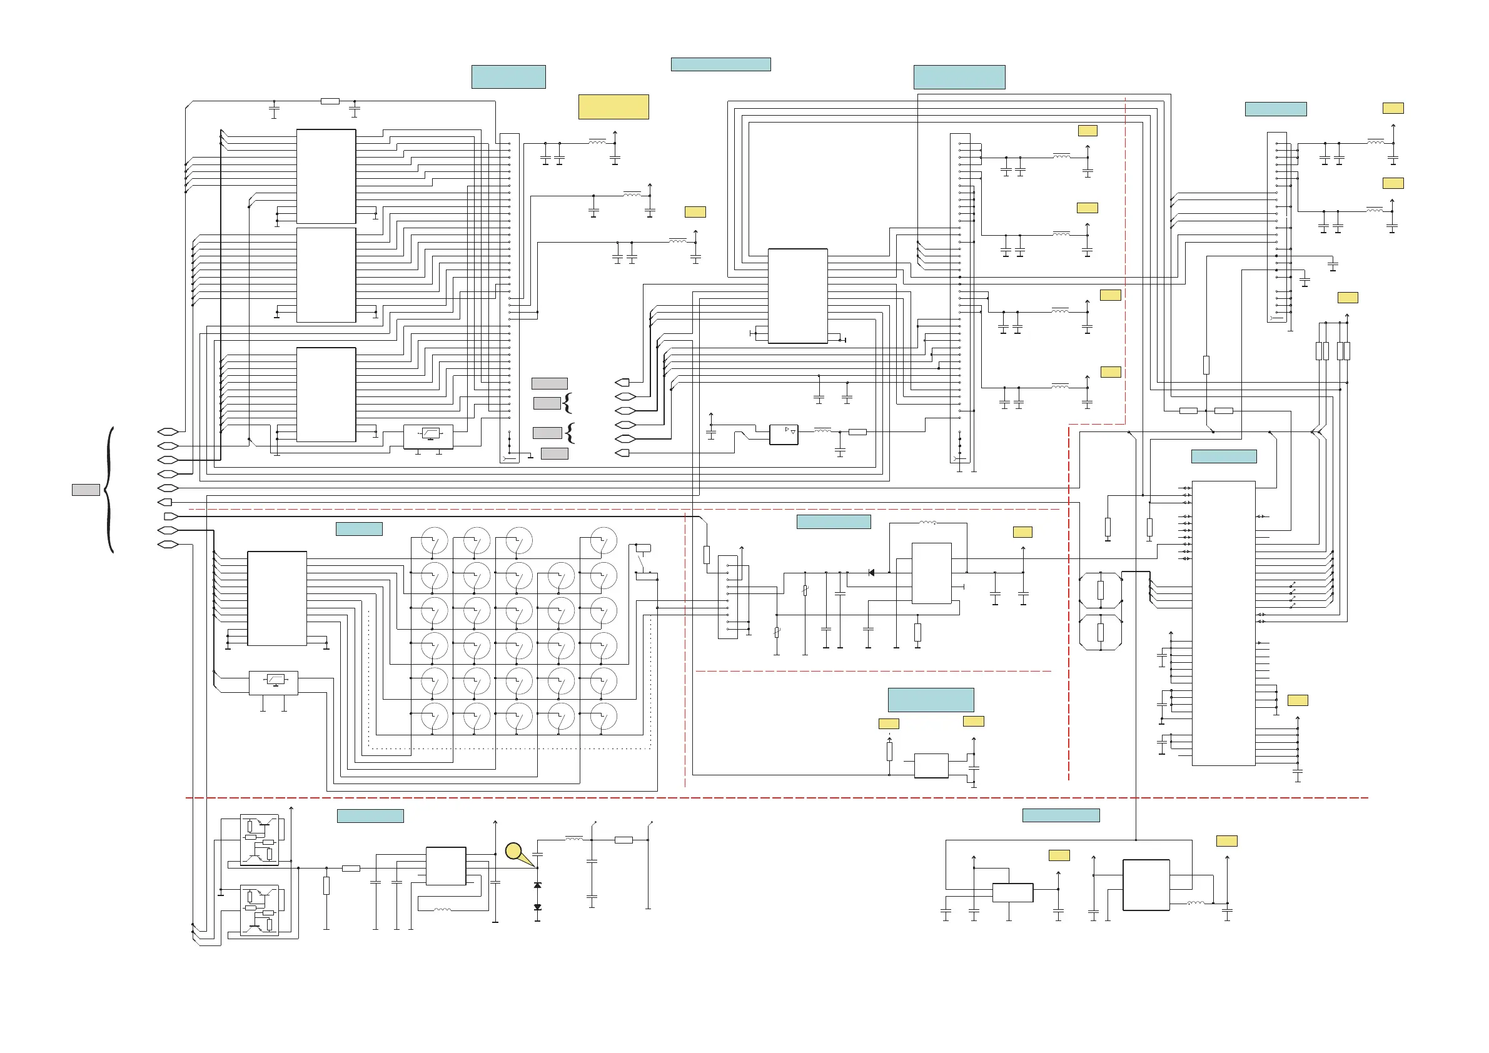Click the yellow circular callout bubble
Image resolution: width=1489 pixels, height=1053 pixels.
tap(513, 850)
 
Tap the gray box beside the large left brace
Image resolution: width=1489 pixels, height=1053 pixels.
tap(86, 490)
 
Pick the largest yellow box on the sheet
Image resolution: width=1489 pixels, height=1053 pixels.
tap(613, 107)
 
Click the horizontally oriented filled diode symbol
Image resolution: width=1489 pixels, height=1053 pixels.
tap(871, 573)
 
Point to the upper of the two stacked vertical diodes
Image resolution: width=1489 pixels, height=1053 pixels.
tap(537, 885)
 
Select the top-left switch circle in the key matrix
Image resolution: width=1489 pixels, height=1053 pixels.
tap(435, 541)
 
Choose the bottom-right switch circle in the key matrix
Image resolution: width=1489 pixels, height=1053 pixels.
tap(603, 717)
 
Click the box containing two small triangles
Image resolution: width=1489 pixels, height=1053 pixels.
tap(784, 435)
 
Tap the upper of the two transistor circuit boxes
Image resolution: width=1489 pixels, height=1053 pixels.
tap(260, 840)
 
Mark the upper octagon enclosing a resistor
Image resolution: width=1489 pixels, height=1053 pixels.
tap(1101, 590)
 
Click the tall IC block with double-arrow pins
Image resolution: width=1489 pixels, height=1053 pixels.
tap(1223, 623)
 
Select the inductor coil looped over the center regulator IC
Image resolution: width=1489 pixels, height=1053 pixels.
tap(927, 523)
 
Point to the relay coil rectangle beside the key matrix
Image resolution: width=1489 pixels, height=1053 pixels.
tap(644, 548)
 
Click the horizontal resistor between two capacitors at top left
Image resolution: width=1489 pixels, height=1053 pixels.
tap(330, 101)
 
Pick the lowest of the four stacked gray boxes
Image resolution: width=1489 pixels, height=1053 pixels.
tap(555, 454)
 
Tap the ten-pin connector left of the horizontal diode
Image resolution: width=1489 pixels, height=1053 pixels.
tap(728, 597)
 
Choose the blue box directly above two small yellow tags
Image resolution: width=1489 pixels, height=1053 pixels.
tap(931, 700)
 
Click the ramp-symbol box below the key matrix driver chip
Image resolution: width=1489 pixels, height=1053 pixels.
tap(274, 683)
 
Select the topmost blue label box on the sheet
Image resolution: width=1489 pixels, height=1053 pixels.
tap(720, 64)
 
